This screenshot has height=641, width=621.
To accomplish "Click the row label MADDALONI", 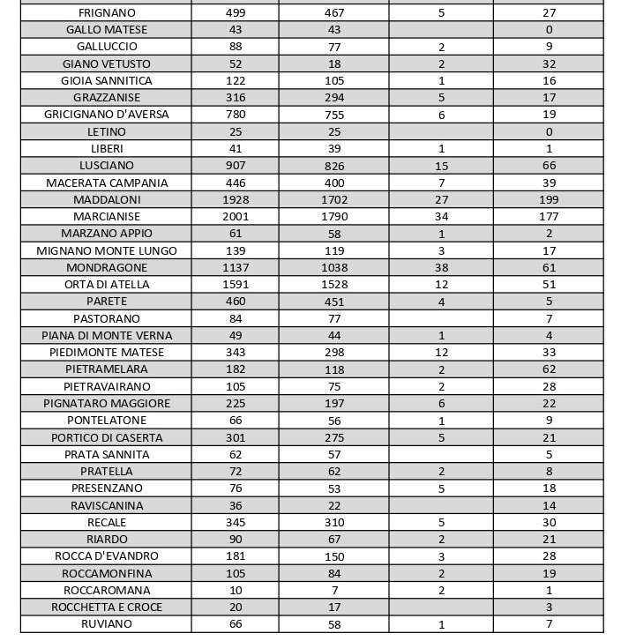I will coord(107,200).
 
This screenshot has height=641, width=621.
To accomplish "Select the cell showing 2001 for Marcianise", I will coord(236,217).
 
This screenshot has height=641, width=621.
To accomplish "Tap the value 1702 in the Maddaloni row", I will coord(333,200).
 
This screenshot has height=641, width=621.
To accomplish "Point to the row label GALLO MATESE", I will coord(107,30).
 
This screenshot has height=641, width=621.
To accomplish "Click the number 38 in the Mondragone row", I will coord(441,268).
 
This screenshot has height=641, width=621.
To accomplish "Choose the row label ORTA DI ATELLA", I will coord(107,285).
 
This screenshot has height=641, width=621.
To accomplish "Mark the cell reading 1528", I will coord(333,285).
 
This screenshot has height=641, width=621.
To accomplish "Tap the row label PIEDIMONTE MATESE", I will coord(107,353).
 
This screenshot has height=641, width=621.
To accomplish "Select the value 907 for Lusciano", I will coord(236,166).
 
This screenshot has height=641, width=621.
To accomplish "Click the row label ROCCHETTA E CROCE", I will coord(107,607).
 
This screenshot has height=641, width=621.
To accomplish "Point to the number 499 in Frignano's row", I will coord(236,13).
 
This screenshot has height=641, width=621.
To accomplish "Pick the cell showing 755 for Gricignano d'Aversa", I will coord(333,115).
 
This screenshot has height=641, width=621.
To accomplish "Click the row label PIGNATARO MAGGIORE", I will coord(107,404).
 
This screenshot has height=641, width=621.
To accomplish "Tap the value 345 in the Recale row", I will coord(236,523).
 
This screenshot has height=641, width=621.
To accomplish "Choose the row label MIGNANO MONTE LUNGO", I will coord(107,251).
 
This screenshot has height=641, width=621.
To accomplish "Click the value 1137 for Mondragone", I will coord(236,268).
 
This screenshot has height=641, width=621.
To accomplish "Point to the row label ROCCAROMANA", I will coord(107,591).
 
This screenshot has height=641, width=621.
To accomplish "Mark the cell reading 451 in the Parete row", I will coord(333,302).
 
